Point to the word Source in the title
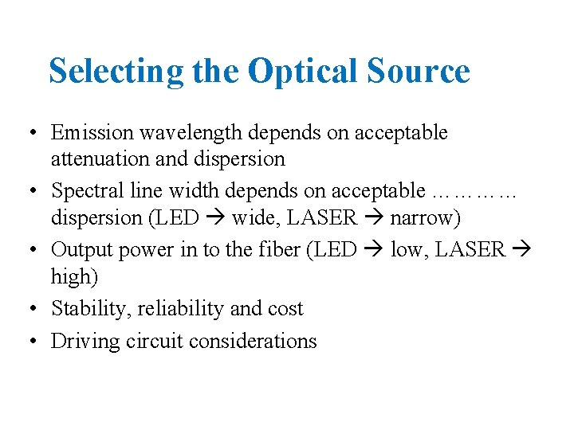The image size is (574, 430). point(419,71)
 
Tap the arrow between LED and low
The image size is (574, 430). point(375,250)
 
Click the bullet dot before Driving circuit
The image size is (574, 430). point(29,342)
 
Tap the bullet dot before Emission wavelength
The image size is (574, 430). point(29,132)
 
